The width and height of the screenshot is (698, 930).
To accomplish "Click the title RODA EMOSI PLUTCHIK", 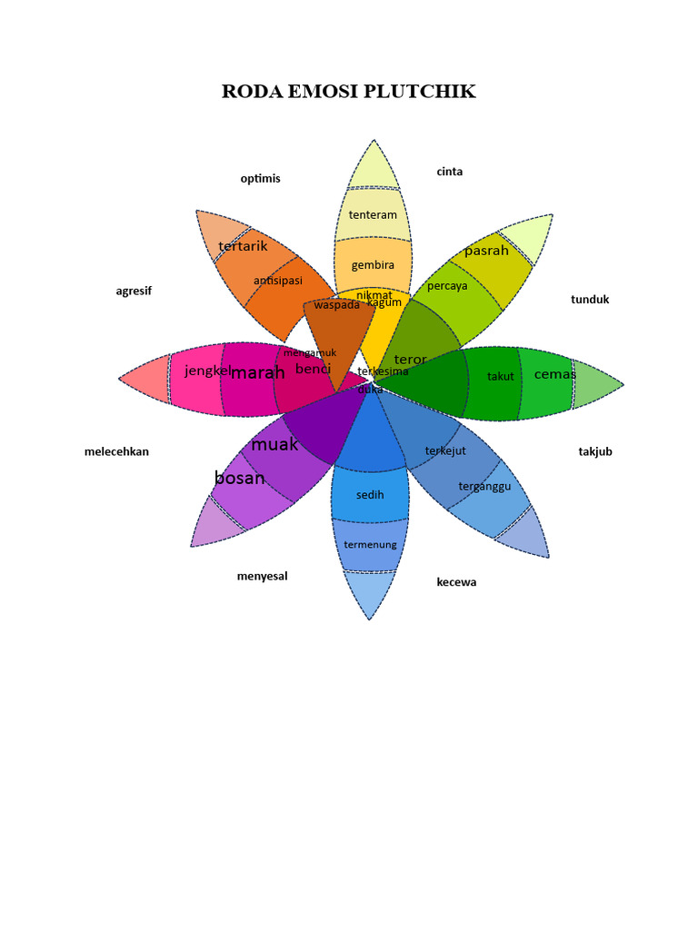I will (x=349, y=92).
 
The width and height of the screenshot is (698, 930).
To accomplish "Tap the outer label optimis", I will (x=261, y=178).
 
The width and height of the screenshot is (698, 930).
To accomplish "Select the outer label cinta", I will (x=450, y=172).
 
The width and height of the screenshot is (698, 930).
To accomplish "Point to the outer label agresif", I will (x=134, y=291).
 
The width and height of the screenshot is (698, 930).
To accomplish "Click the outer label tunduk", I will (x=590, y=299).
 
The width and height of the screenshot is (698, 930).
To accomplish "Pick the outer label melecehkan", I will (x=116, y=451).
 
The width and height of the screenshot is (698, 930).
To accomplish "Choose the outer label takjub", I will (x=595, y=451).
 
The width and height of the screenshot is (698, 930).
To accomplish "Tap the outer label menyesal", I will (x=262, y=576).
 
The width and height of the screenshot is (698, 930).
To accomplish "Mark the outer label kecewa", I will (x=456, y=582).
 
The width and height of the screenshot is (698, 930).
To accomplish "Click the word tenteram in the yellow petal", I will (x=373, y=215).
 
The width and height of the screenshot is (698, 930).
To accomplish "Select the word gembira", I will (x=373, y=265).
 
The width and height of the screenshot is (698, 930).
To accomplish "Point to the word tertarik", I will (x=243, y=246).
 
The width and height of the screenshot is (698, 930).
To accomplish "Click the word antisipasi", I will (x=278, y=280).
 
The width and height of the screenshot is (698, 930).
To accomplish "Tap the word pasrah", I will (x=486, y=251).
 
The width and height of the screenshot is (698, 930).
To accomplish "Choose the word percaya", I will (x=447, y=285).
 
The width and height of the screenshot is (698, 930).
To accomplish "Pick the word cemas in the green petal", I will (x=554, y=374).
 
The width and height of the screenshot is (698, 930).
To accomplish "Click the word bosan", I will (x=240, y=478).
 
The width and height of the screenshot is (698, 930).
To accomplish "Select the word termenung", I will (x=370, y=545).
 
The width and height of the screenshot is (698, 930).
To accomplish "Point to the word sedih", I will (x=370, y=495).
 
